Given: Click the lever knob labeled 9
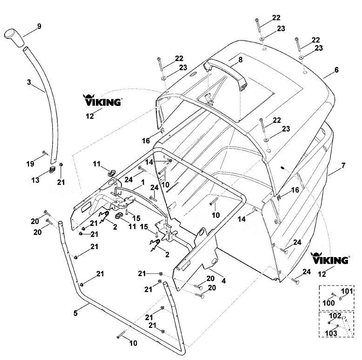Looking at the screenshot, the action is [x=14, y=38].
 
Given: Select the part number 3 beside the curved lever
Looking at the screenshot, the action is [x=29, y=82].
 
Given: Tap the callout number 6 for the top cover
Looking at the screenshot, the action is [x=336, y=70].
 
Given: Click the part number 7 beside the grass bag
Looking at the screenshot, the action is [x=343, y=165].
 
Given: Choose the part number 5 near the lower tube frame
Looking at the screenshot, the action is [x=75, y=313].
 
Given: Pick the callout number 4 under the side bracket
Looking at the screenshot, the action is [x=223, y=281].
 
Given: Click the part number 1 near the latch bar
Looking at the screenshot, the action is [x=143, y=183].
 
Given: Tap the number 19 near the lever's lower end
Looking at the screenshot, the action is [x=30, y=164].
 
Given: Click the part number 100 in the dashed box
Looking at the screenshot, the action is [x=328, y=303].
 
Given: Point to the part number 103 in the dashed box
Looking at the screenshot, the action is [x=331, y=333].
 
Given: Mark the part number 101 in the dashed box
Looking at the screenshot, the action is [x=347, y=291].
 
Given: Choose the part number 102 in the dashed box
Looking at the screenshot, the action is [x=335, y=316].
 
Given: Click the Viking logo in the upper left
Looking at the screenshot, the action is [x=102, y=100].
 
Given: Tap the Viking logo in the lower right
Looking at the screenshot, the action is [x=330, y=258].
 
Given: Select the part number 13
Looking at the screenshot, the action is [x=35, y=180].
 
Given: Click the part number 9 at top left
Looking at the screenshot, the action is [x=39, y=27].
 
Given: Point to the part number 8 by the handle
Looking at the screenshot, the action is [x=241, y=60].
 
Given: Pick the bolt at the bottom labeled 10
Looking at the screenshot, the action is [x=121, y=334].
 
